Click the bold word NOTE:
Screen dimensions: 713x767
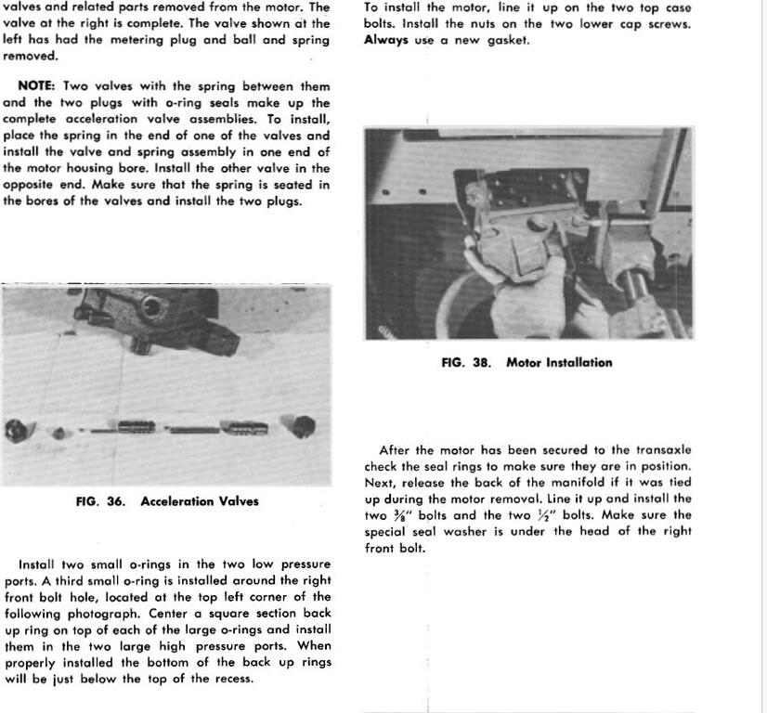click(x=36, y=86)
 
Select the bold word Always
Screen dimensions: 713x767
click(x=385, y=40)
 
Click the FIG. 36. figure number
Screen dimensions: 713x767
click(x=100, y=501)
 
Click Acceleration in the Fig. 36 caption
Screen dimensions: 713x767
click(x=177, y=501)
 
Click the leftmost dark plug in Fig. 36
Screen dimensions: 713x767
click(x=16, y=431)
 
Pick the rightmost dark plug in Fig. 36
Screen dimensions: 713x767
click(x=303, y=427)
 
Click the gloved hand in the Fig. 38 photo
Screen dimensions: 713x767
click(x=520, y=292)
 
